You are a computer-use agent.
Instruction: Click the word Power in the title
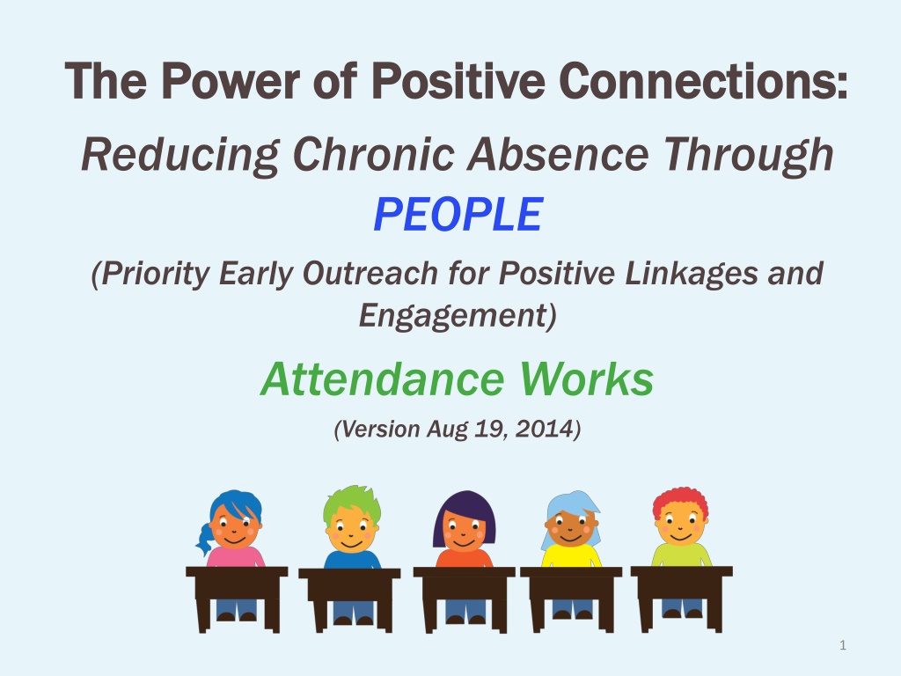click(231, 80)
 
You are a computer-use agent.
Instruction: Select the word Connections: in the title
click(703, 80)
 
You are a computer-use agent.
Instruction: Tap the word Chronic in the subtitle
click(373, 154)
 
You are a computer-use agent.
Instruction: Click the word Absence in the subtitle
click(558, 154)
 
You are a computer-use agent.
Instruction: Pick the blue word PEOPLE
click(458, 215)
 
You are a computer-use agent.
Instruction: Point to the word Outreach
click(370, 273)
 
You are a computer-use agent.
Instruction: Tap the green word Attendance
click(383, 379)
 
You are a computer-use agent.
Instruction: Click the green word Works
click(587, 379)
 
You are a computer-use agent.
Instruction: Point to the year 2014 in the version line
click(545, 429)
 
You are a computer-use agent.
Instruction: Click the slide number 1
click(843, 645)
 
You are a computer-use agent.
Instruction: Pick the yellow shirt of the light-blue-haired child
click(572, 556)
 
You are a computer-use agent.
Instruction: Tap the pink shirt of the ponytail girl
click(236, 557)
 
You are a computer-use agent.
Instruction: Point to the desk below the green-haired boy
click(349, 599)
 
